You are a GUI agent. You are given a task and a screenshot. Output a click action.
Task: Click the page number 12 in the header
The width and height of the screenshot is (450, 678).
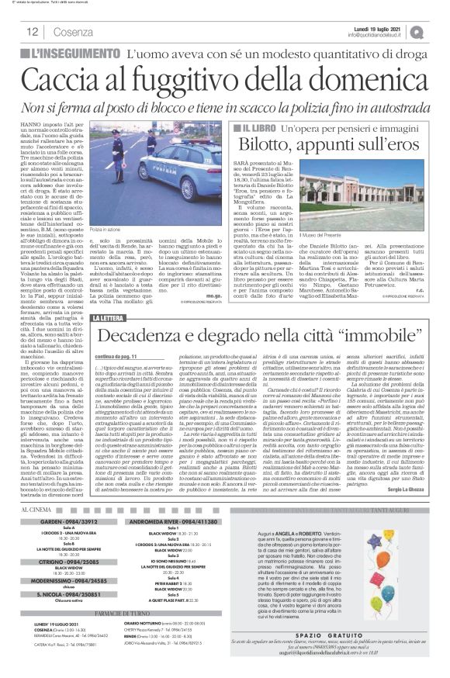point(33,33)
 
